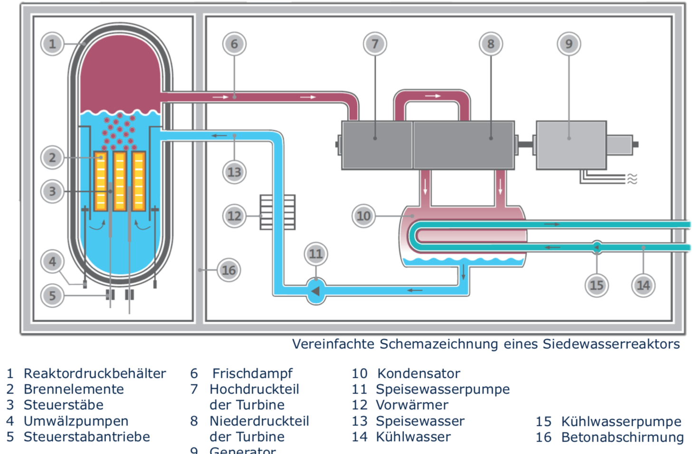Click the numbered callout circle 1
tap(52, 44)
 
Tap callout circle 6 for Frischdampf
tap(234, 44)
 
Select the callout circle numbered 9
tap(569, 44)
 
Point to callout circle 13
tap(234, 172)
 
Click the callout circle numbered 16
tap(229, 270)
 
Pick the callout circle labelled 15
tap(596, 285)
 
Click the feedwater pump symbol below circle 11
tap(316, 291)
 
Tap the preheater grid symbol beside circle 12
tap(278, 212)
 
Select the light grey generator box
tap(571, 145)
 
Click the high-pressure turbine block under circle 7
tap(377, 145)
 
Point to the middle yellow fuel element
tap(120, 181)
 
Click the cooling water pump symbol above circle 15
tap(597, 247)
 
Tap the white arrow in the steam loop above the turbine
tap(433, 96)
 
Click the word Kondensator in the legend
tap(418, 374)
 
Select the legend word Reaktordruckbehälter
tap(95, 374)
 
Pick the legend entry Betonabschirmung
tap(622, 437)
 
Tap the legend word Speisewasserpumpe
tap(443, 389)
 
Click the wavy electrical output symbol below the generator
tap(632, 178)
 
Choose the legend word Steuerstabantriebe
tap(87, 437)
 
